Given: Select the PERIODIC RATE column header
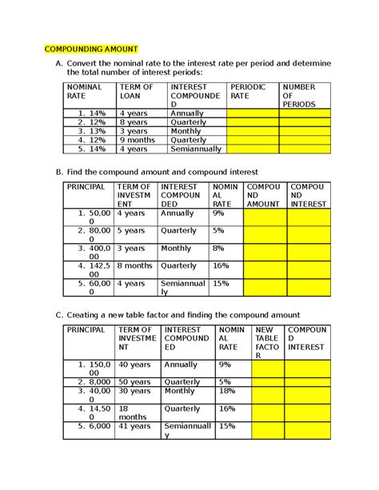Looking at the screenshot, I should (248, 90).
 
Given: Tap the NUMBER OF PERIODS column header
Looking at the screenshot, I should (299, 94).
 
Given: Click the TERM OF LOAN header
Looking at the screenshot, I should (135, 90).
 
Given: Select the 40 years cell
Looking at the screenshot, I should (138, 365).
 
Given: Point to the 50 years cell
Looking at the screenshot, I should (138, 382).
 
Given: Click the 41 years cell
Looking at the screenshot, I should (138, 427).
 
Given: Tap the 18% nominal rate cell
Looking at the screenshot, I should (225, 391).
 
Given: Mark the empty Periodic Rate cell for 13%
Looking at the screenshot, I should (252, 130).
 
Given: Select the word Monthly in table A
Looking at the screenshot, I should (186, 130).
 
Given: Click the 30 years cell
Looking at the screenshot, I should (138, 391).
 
